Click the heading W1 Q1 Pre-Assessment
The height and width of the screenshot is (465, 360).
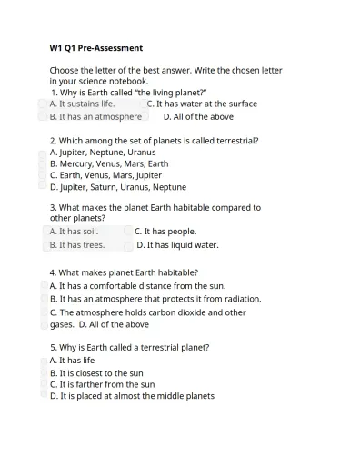[95, 47]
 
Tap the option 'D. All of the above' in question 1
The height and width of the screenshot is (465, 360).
[198, 116]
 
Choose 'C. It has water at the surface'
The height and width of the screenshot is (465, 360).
[201, 104]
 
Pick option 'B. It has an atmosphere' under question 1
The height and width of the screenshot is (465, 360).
[95, 116]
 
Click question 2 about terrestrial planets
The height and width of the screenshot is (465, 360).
[154, 141]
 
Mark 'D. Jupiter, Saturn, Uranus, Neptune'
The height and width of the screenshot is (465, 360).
[117, 187]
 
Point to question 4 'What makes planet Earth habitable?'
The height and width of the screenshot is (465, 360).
[124, 272]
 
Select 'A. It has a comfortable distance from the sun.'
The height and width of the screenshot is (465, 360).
[137, 285]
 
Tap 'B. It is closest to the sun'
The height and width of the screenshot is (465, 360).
[96, 373]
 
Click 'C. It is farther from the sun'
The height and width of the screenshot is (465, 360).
[102, 384]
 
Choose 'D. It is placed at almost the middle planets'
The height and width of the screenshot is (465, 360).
[132, 396]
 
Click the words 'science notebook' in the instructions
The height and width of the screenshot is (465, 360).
[109, 81]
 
